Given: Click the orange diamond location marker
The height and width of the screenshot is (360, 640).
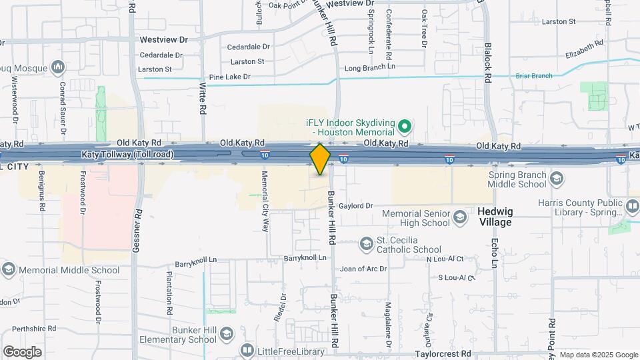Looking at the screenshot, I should pyautogui.click(x=320, y=159).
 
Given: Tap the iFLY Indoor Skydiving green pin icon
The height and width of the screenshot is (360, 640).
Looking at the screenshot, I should pyautogui.click(x=403, y=126).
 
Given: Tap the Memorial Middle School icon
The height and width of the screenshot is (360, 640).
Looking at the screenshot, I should pyautogui.click(x=9, y=270).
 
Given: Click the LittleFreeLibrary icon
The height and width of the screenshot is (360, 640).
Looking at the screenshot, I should pyautogui.click(x=247, y=350).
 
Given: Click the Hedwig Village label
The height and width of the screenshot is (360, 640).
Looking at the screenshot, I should pyautogui.click(x=495, y=216).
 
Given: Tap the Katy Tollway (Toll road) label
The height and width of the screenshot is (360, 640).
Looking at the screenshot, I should pyautogui.click(x=127, y=155).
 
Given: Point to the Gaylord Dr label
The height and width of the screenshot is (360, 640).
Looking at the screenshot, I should pyautogui.click(x=355, y=206).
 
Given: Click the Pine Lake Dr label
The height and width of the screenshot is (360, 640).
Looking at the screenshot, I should pyautogui.click(x=229, y=77).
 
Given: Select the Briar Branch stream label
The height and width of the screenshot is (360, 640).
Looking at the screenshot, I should pyautogui.click(x=533, y=76).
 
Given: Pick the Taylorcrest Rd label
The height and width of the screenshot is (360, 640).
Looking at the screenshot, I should pyautogui.click(x=443, y=354).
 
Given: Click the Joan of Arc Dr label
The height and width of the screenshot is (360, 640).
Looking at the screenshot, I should pyautogui.click(x=363, y=269).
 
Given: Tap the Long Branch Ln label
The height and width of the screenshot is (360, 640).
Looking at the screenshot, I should pyautogui.click(x=369, y=67).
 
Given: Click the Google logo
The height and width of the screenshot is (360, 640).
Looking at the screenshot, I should pyautogui.click(x=22, y=351).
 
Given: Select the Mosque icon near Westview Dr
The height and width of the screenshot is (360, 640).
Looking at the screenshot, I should pyautogui.click(x=58, y=67).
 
